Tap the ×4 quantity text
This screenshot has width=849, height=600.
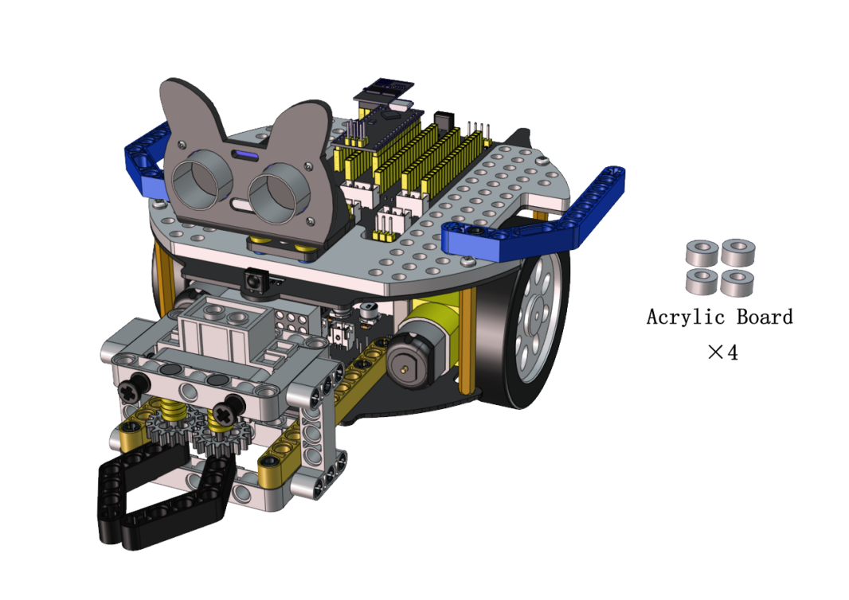[x=722, y=353]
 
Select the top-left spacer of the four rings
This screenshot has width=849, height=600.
[x=702, y=253]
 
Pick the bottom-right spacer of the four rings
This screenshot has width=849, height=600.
[x=737, y=282]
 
